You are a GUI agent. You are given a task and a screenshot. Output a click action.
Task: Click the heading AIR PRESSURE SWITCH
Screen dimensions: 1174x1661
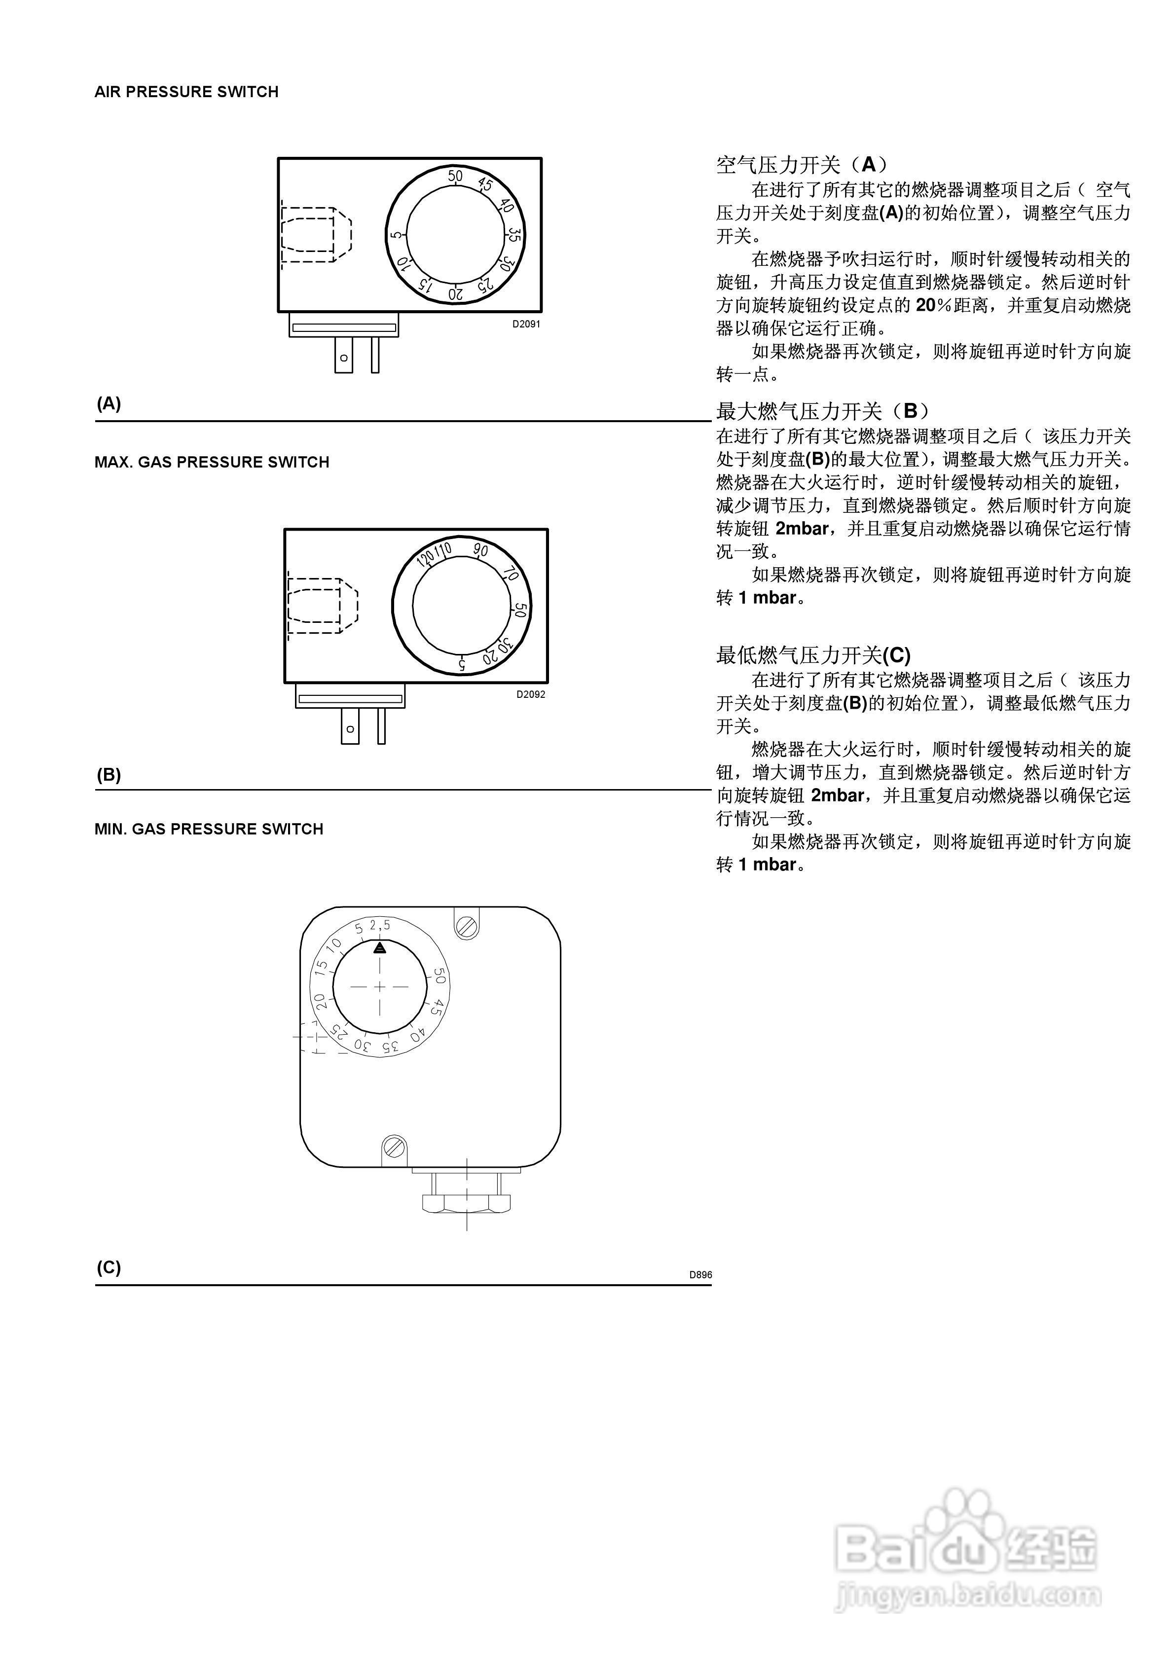pyautogui.click(x=186, y=92)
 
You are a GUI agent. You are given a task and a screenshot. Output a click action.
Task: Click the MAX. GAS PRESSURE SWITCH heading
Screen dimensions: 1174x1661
pyautogui.click(x=211, y=462)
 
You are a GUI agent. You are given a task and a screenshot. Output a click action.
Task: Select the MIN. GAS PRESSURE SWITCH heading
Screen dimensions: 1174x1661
pyautogui.click(x=209, y=829)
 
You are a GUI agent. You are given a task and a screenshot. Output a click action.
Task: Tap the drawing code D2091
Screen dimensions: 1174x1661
pyautogui.click(x=526, y=324)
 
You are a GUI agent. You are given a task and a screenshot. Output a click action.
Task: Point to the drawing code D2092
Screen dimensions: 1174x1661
pyautogui.click(x=531, y=694)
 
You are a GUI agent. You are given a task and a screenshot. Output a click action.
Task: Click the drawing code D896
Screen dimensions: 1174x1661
pyautogui.click(x=700, y=1275)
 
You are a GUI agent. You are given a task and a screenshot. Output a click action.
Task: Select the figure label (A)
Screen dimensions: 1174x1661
pyautogui.click(x=109, y=404)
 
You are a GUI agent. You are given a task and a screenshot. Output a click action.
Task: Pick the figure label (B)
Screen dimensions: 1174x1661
pyautogui.click(x=109, y=775)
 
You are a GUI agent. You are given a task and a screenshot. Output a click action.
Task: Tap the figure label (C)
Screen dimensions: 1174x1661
pyautogui.click(x=109, y=1267)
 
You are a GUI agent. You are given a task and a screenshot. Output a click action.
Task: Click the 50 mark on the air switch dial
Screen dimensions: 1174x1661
pyautogui.click(x=454, y=176)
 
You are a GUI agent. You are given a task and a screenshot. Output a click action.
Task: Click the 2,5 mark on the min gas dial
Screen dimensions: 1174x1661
pyautogui.click(x=379, y=925)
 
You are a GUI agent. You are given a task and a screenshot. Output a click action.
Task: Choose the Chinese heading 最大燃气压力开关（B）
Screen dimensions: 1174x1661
pyautogui.click(x=822, y=412)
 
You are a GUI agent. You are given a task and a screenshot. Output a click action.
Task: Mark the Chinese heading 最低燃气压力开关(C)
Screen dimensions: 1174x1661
pyautogui.click(x=813, y=655)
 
